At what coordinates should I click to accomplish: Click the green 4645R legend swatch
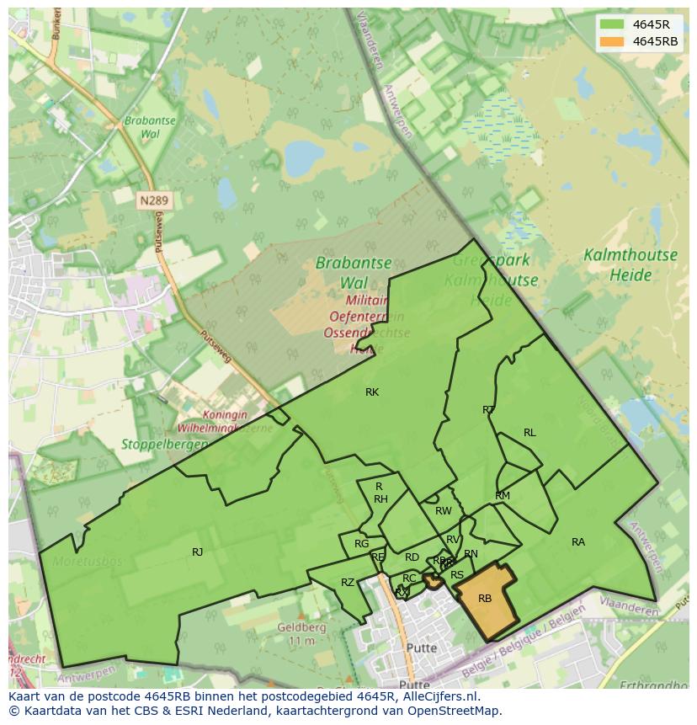click(612, 24)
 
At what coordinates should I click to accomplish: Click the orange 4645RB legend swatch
click(612, 41)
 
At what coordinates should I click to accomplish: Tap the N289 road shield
click(153, 200)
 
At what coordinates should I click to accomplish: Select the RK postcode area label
click(372, 392)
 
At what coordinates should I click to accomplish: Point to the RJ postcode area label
click(197, 552)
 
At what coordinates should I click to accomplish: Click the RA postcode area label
click(578, 542)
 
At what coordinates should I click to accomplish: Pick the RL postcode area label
click(529, 433)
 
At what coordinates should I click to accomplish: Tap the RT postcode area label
click(489, 410)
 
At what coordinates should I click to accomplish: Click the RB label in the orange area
click(485, 599)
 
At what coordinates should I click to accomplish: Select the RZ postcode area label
click(348, 583)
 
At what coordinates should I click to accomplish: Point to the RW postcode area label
click(444, 511)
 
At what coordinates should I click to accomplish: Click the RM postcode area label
click(503, 496)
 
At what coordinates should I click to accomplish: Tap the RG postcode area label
click(361, 544)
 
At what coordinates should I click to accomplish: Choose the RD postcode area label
click(412, 557)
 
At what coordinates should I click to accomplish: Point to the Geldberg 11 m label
click(301, 634)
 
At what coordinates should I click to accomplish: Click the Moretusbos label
click(88, 562)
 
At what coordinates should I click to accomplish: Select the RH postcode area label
click(380, 499)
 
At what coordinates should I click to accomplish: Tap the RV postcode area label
click(453, 540)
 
